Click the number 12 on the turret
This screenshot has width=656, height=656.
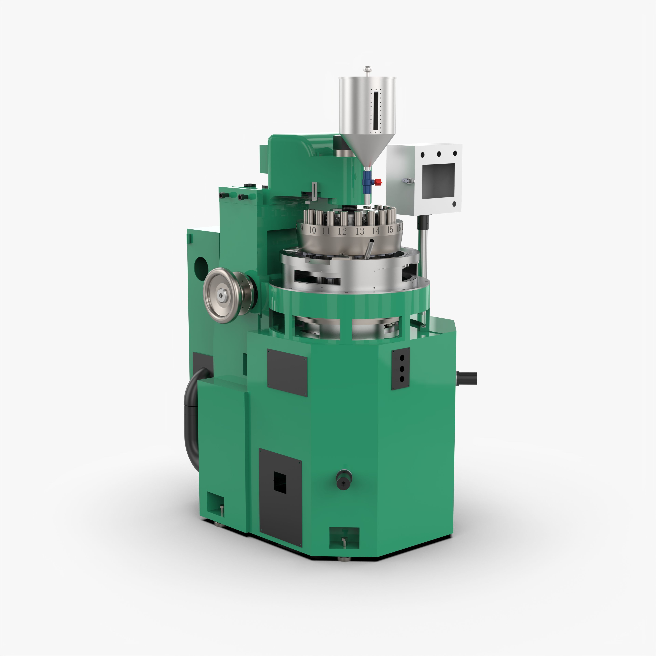[x=342, y=231]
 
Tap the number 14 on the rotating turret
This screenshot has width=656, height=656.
[x=375, y=231]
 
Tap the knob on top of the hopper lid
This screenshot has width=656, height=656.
[x=367, y=70]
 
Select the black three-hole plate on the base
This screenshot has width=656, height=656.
[x=401, y=369]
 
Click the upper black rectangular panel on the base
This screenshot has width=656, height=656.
[x=287, y=372]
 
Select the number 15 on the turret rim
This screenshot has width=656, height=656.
[x=390, y=230]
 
